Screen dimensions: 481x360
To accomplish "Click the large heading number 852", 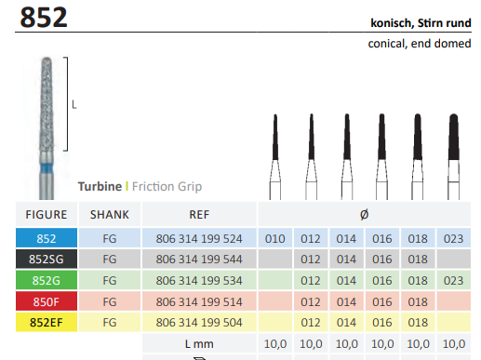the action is [x=44, y=18].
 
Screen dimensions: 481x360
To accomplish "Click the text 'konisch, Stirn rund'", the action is [x=421, y=23].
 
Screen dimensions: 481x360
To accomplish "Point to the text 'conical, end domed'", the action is [x=420, y=44].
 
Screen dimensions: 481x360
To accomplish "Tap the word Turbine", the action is [x=100, y=186].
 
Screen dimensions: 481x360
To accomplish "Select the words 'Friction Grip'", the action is [x=167, y=187].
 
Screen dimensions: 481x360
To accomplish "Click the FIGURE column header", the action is [x=47, y=215].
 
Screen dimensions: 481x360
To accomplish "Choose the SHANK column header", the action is [x=110, y=215].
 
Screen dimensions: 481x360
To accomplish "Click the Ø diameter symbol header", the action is [x=365, y=215].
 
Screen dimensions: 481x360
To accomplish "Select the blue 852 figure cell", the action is [x=47, y=238].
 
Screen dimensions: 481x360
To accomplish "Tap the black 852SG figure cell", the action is [x=47, y=259].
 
